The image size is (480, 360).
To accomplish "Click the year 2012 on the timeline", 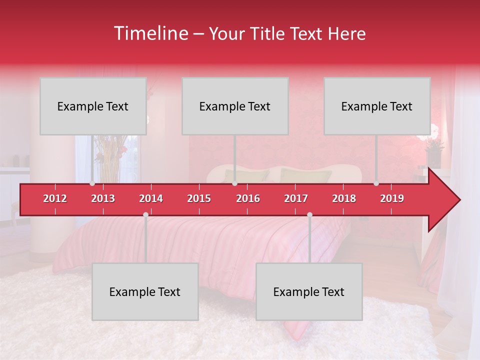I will point(55,198).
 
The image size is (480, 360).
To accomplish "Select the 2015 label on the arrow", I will point(199,198).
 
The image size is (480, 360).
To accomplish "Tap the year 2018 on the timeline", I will point(344,198).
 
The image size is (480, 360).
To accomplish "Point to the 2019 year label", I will point(392,198).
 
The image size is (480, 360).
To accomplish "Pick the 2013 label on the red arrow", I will point(103,198).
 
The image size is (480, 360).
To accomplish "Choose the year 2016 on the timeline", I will point(248,198).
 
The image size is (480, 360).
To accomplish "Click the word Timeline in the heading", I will point(150,33).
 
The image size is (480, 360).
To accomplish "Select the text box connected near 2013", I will point(93,106).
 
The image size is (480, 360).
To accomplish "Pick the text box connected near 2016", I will point(235,106).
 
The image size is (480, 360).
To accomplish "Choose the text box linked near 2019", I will point(377,106).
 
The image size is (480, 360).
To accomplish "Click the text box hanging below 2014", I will point(145,291).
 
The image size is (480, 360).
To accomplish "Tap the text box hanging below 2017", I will point(309,291).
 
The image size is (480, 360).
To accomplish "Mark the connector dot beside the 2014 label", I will point(145,214).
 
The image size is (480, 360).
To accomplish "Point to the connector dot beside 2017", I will point(309,214).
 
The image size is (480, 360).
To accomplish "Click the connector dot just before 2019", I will point(376,183).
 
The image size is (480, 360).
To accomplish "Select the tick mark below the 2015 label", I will point(199,211).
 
